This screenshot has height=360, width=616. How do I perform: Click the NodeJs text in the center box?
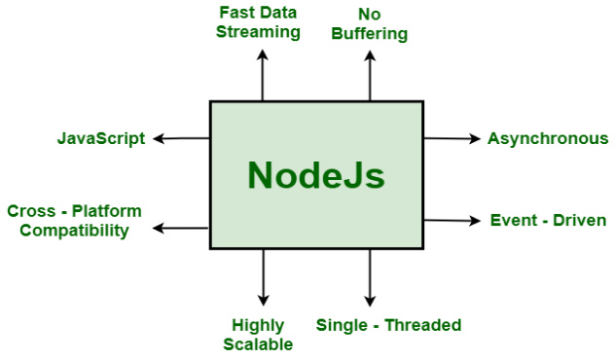[315, 176]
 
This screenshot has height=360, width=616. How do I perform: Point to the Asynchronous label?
[548, 138]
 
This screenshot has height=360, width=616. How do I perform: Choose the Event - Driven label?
[548, 221]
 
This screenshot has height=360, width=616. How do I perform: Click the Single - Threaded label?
[388, 325]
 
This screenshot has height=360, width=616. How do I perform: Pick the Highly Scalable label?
[258, 334]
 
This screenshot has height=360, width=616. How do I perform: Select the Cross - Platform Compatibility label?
[74, 221]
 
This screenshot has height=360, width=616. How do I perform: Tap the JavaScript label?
[101, 138]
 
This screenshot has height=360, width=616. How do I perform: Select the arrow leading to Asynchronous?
[452, 139]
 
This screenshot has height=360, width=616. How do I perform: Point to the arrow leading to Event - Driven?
[452, 221]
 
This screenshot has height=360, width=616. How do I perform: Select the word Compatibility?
[74, 231]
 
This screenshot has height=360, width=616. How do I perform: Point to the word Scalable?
[258, 343]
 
